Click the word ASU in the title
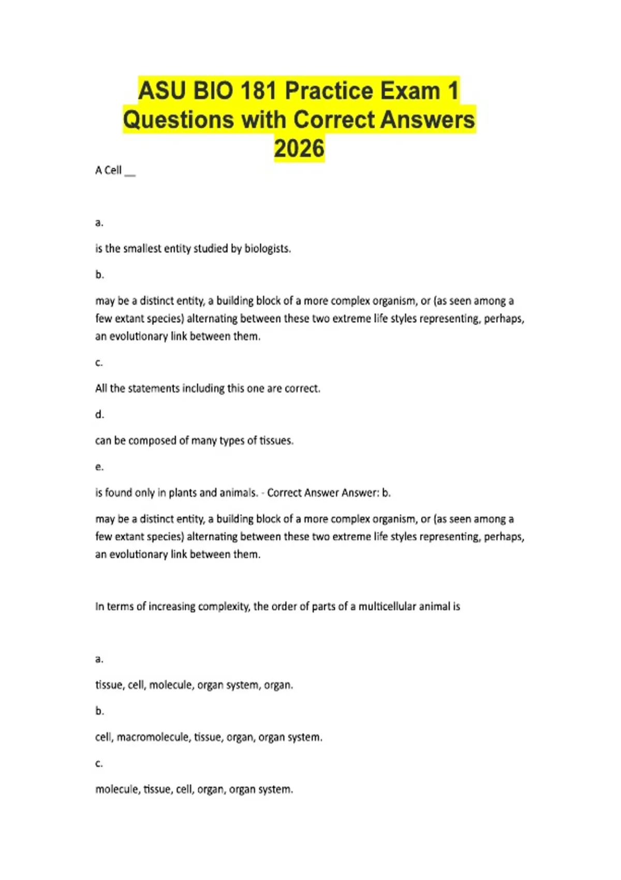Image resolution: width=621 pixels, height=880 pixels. (x=161, y=91)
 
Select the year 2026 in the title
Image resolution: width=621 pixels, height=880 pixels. (x=299, y=149)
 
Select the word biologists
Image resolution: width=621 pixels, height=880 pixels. (x=268, y=248)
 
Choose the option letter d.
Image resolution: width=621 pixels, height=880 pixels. (x=99, y=415)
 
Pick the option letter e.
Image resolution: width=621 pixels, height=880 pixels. (x=99, y=467)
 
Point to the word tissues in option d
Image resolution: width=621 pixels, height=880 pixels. (x=276, y=441)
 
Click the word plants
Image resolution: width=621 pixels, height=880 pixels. (x=183, y=493)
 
